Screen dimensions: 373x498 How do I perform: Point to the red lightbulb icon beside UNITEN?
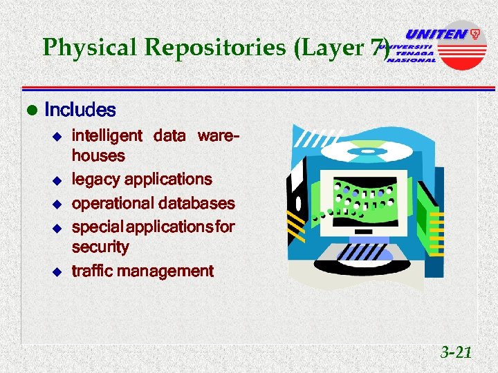point(476,33)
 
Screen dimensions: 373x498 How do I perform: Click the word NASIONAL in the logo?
point(412,60)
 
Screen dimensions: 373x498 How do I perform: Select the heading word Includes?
point(80,110)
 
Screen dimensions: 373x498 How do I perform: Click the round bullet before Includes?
point(30,111)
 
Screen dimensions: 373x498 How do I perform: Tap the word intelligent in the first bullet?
point(107,135)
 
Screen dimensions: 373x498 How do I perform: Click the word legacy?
point(95,179)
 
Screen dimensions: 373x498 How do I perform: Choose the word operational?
point(113,204)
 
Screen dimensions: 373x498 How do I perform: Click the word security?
point(100,247)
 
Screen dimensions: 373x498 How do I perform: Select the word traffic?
point(93,271)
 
